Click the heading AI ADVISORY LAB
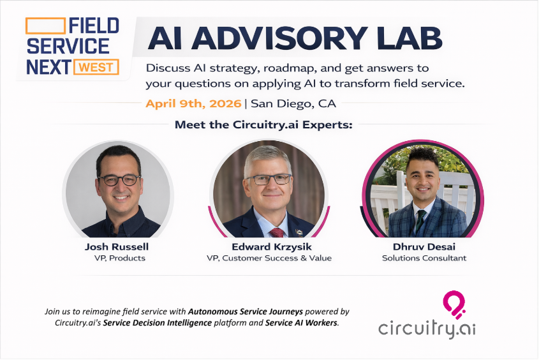(x=295, y=39)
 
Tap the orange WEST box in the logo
(x=96, y=66)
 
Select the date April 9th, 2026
(x=193, y=103)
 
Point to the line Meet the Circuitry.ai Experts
(x=263, y=124)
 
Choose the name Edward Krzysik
(x=269, y=246)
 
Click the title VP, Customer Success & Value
(x=269, y=258)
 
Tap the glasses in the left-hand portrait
(x=119, y=180)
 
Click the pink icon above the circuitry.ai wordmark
(x=455, y=303)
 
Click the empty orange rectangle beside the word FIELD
(x=45, y=26)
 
